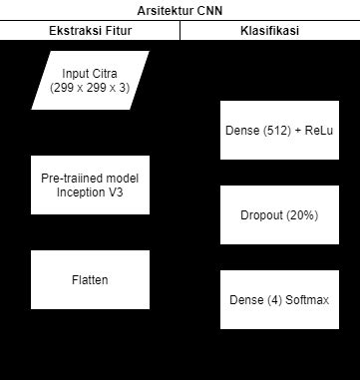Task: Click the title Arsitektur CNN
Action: [180, 11]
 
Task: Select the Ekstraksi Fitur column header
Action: [90, 31]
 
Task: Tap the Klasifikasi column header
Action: [269, 31]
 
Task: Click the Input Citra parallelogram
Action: [90, 81]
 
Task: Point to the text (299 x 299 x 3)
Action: [90, 88]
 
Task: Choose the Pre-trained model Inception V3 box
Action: [90, 185]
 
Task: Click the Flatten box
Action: [90, 279]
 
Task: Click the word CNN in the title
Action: [209, 11]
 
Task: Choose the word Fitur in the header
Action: [117, 31]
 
